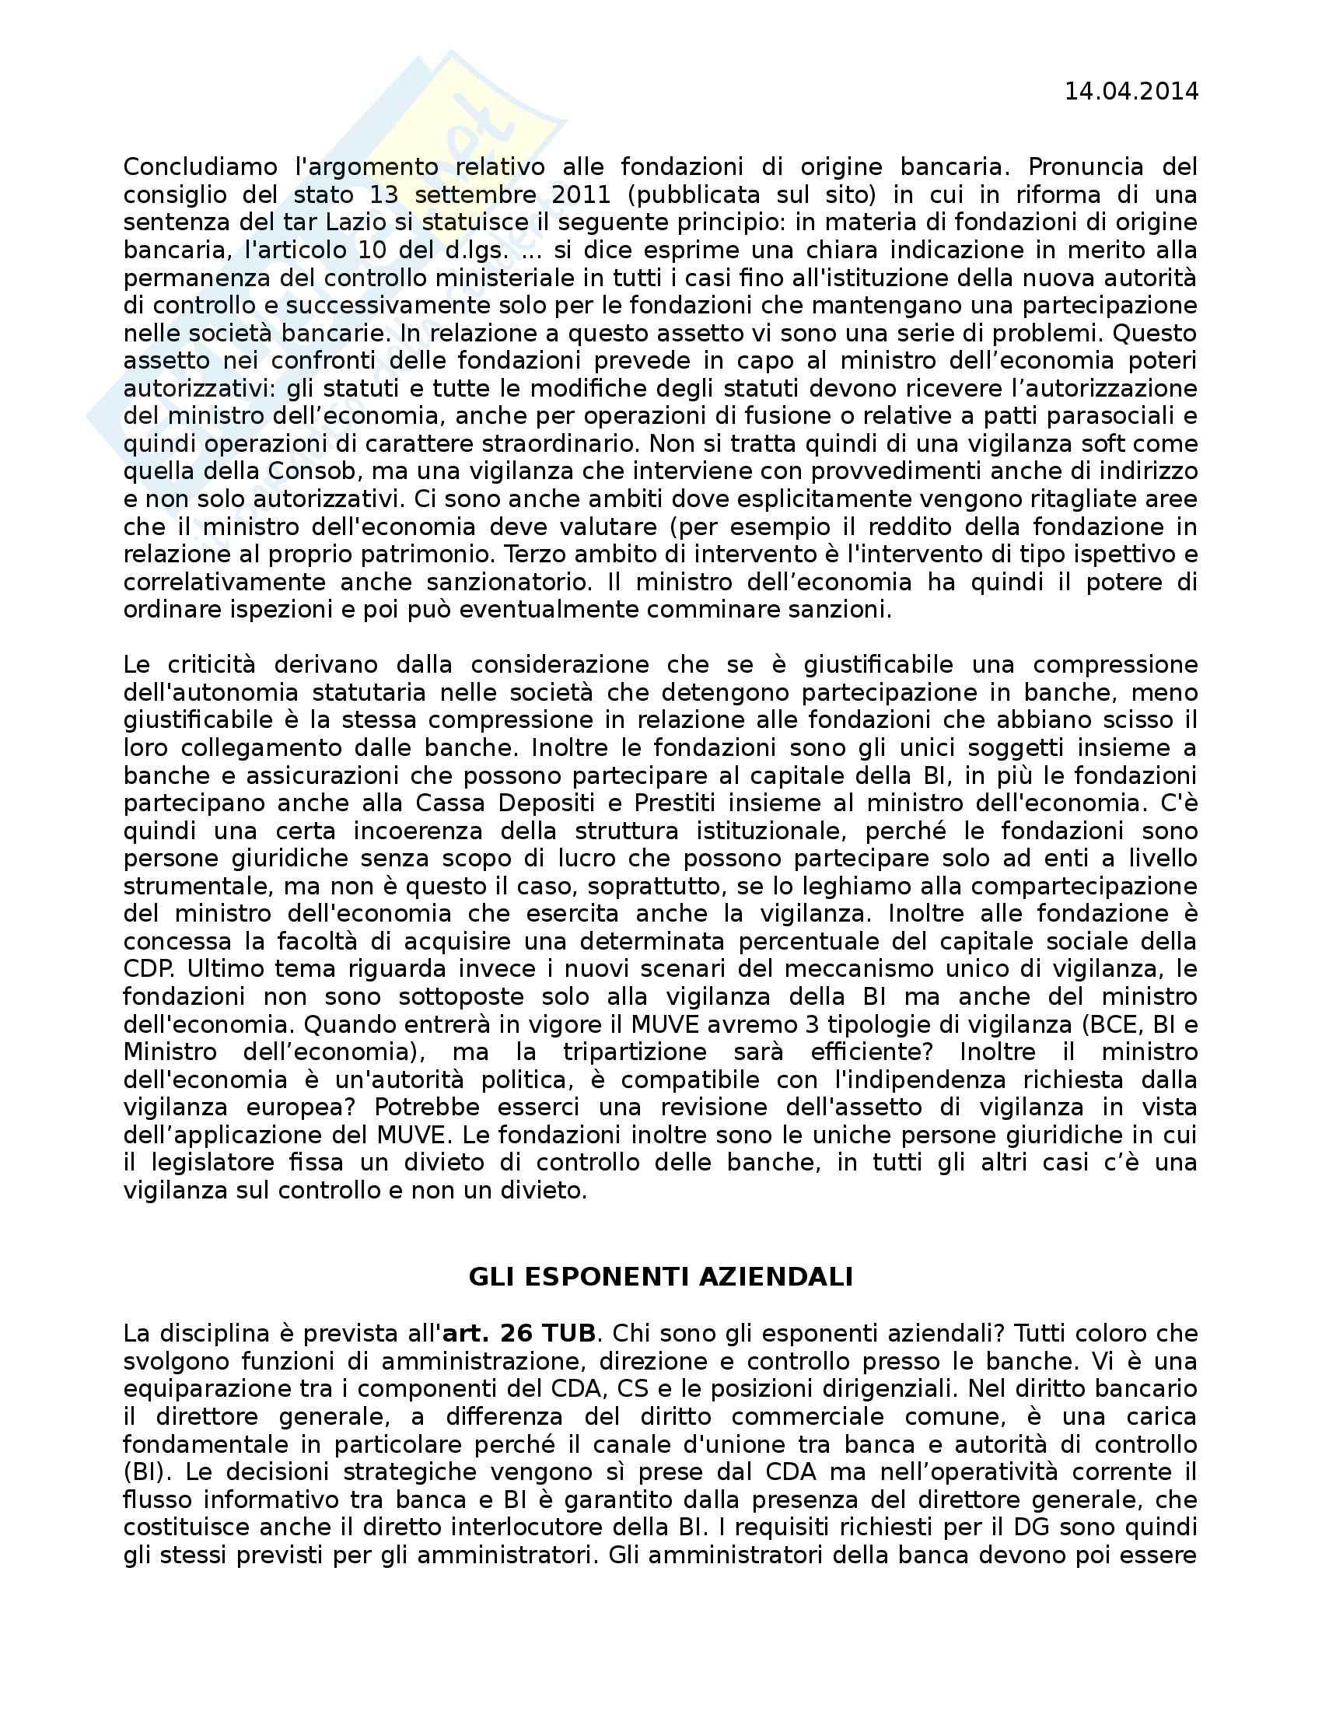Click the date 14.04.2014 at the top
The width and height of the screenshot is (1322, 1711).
1130,92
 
